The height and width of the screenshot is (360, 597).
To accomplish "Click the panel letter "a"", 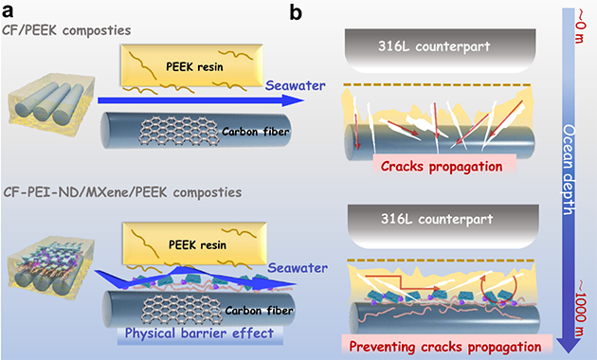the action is click(x=8, y=11).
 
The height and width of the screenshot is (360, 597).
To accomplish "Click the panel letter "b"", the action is click(x=296, y=12).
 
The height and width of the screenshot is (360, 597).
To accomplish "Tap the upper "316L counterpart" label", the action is click(x=434, y=46).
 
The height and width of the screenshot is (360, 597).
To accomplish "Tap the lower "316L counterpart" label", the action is click(x=437, y=219).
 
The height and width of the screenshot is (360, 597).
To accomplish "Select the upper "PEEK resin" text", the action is click(x=194, y=67).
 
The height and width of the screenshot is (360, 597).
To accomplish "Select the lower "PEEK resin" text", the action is click(x=197, y=244).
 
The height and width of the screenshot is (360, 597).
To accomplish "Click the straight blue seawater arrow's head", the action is click(x=294, y=100).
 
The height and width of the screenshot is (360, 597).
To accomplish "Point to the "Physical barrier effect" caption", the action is click(x=199, y=333).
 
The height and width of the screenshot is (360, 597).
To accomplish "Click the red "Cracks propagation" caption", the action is click(x=442, y=167).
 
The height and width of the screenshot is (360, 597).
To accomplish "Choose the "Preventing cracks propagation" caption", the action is click(x=445, y=347).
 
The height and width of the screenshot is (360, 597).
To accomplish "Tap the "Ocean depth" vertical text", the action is click(x=569, y=171).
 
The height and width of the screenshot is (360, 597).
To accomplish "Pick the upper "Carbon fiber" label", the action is click(x=256, y=132).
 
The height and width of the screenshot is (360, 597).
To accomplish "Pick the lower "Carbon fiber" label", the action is click(x=259, y=311).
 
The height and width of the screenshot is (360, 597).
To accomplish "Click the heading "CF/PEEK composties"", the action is click(x=66, y=30).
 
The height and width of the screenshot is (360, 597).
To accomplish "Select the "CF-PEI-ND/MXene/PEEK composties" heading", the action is click(x=122, y=192).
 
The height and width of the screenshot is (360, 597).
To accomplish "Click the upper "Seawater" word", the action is click(x=296, y=85).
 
